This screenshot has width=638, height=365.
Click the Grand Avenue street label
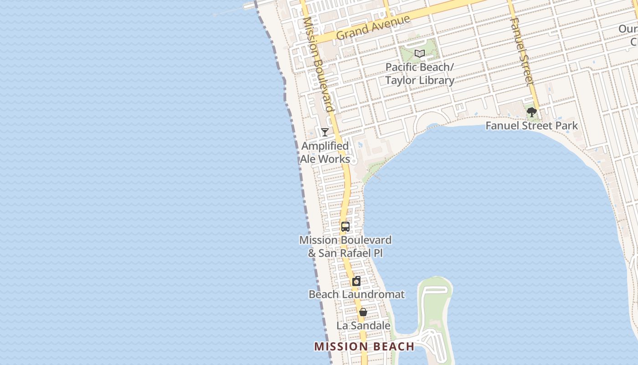click(373, 28)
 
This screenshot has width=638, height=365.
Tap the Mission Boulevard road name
click(318, 64)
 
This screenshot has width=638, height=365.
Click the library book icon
click(420, 54)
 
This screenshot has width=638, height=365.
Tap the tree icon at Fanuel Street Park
click(531, 112)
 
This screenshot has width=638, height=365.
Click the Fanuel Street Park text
click(531, 125)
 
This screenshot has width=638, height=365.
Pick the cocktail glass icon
click(324, 132)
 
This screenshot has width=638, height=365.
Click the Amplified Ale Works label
click(325, 152)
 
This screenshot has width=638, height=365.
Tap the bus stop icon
click(345, 226)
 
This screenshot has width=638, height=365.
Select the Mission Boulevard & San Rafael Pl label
click(345, 246)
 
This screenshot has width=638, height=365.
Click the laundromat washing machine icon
click(356, 281)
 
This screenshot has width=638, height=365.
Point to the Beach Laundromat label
click(356, 294)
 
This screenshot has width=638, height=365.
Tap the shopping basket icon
click(363, 313)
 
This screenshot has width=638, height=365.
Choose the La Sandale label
click(363, 325)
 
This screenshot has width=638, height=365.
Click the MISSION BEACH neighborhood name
click(364, 346)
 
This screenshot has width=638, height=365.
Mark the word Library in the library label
click(437, 81)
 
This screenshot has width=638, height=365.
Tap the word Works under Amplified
click(334, 159)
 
